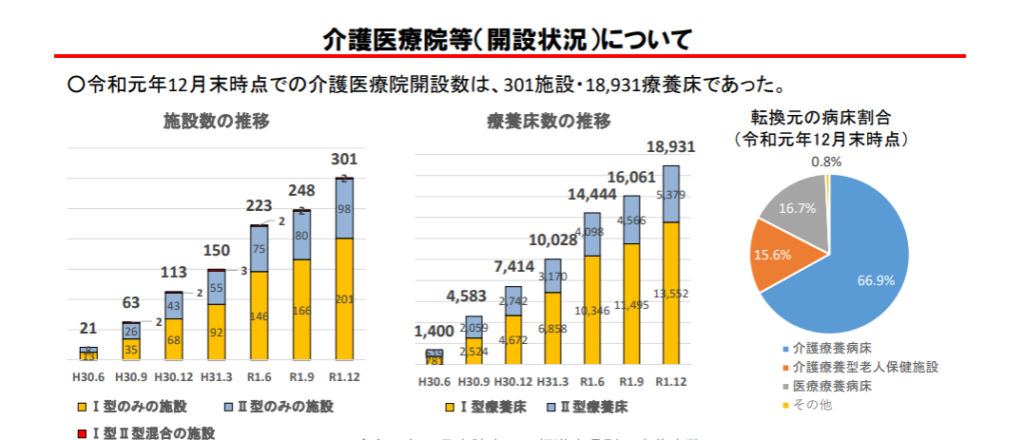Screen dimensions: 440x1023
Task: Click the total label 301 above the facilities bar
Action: click(x=344, y=159)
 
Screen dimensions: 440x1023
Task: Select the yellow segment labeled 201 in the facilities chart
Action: click(x=344, y=298)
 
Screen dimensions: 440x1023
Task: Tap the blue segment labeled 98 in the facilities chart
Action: click(x=344, y=209)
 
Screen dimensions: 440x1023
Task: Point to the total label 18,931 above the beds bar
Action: click(x=670, y=147)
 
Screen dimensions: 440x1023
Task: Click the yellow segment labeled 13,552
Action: click(x=670, y=293)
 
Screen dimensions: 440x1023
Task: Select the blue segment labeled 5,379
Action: click(x=670, y=194)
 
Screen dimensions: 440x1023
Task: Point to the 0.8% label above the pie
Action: click(x=826, y=161)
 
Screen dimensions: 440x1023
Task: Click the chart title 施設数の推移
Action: click(x=216, y=122)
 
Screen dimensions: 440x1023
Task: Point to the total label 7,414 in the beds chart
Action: click(x=512, y=265)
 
